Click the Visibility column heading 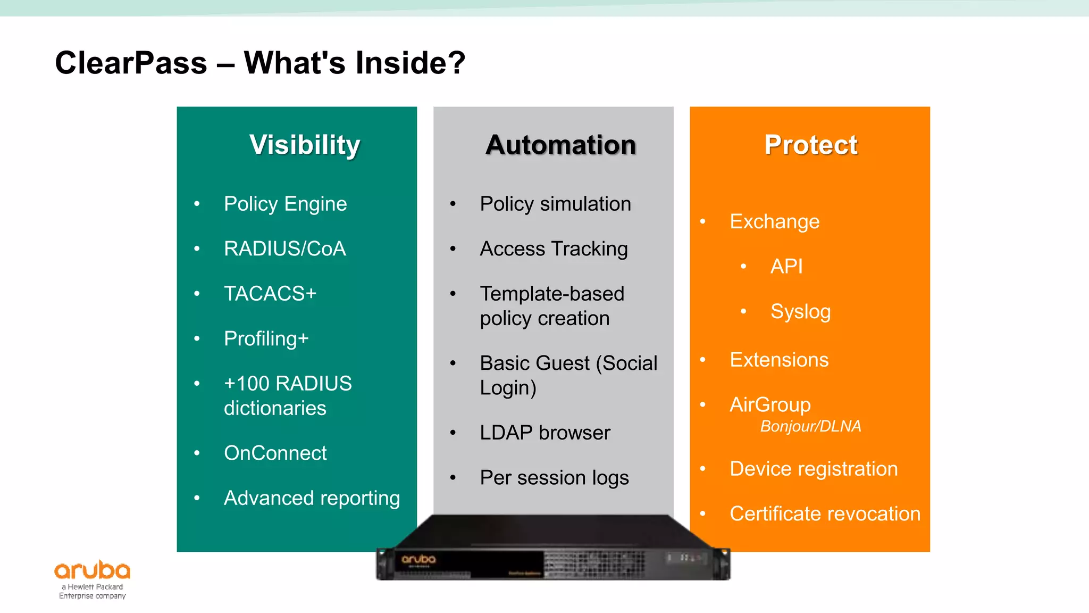(305, 145)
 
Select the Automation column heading (560, 145)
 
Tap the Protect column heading (810, 145)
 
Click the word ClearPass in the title (131, 63)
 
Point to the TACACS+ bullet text (270, 294)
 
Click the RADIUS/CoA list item (284, 248)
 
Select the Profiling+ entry (266, 338)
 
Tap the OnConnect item (275, 453)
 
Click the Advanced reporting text (312, 498)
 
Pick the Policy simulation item (555, 204)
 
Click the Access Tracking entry (554, 248)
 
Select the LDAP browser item (544, 433)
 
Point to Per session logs (554, 478)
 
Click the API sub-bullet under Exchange (786, 266)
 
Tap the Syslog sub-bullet (800, 311)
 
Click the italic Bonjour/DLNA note (810, 426)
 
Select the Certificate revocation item (825, 514)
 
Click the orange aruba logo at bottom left (93, 570)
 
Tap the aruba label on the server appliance (418, 559)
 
